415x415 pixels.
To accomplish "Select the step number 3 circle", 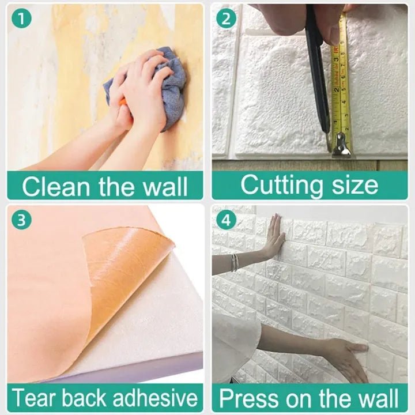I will click(x=21, y=220).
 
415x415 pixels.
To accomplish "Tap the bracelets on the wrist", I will click(x=235, y=262).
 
